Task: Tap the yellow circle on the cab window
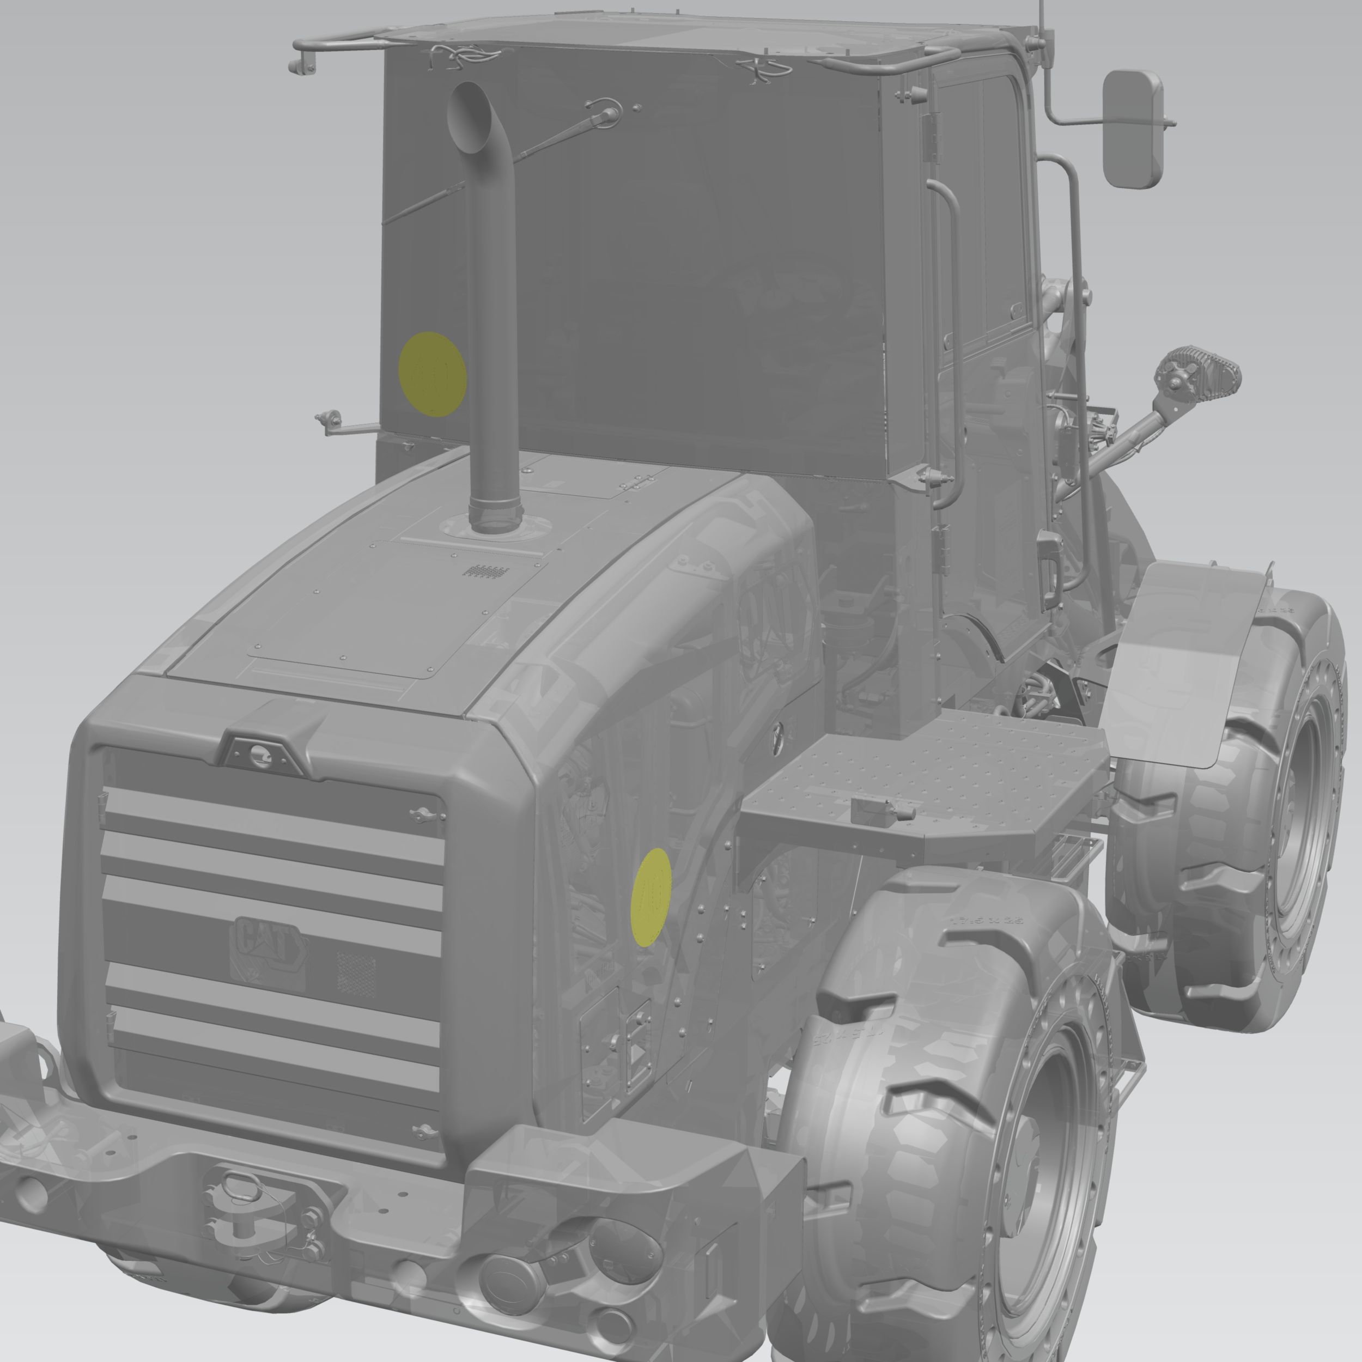(x=432, y=374)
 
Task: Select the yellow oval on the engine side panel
(x=652, y=896)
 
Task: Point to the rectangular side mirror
(x=1132, y=129)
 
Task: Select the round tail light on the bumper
(x=508, y=1276)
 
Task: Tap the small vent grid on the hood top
(x=485, y=570)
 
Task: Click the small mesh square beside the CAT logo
(x=356, y=971)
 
